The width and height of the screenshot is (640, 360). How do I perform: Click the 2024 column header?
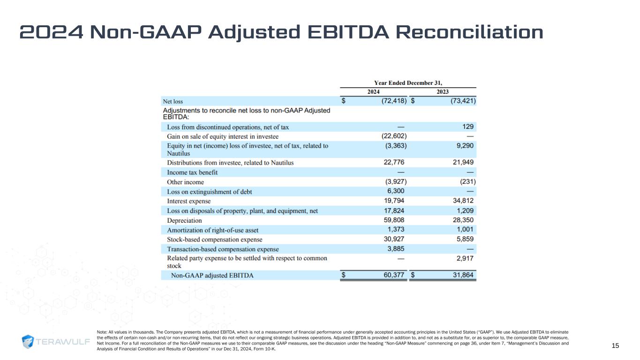[373, 92]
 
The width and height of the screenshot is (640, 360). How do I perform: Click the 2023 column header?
[443, 92]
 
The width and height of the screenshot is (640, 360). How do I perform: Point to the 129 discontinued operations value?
[467, 127]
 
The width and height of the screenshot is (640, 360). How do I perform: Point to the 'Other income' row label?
[185, 182]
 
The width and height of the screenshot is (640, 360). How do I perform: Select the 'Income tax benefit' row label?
[192, 172]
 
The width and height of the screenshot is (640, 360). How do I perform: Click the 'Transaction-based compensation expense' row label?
[223, 249]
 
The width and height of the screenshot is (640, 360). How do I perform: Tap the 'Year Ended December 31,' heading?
[408, 82]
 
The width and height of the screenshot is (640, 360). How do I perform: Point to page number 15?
[616, 346]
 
